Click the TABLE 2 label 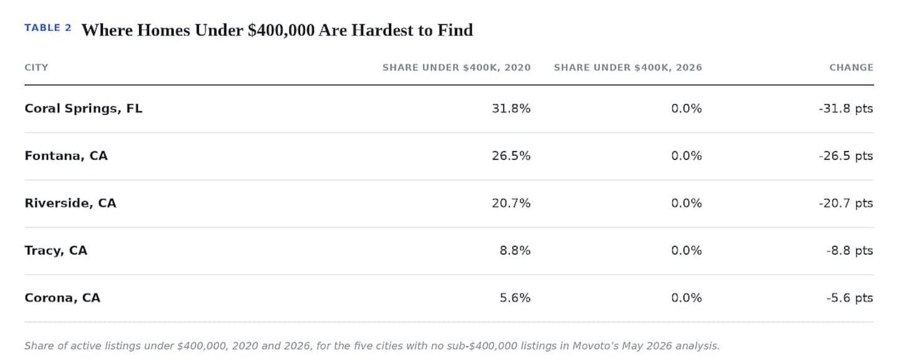point(47,27)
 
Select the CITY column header point(36,67)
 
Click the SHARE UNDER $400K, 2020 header point(456,67)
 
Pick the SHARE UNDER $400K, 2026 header point(628,67)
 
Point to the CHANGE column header point(851,67)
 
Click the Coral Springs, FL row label point(84,109)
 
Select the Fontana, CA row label point(66,156)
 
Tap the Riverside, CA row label point(70,203)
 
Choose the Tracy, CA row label point(56,251)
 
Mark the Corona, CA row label point(62,298)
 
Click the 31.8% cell point(511,109)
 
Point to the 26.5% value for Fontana point(511,156)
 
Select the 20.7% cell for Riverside point(511,203)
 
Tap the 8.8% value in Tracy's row point(515,251)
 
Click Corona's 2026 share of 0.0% point(687,298)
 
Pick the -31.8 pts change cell point(846,109)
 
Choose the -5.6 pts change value point(850,298)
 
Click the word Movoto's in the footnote point(595,346)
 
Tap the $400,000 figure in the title point(281,31)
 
